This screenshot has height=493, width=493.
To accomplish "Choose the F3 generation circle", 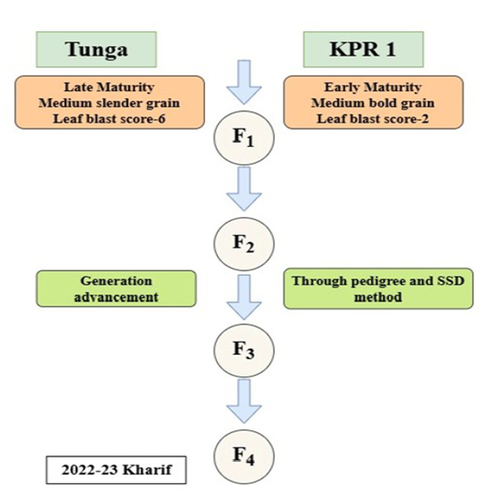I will coord(245,350).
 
